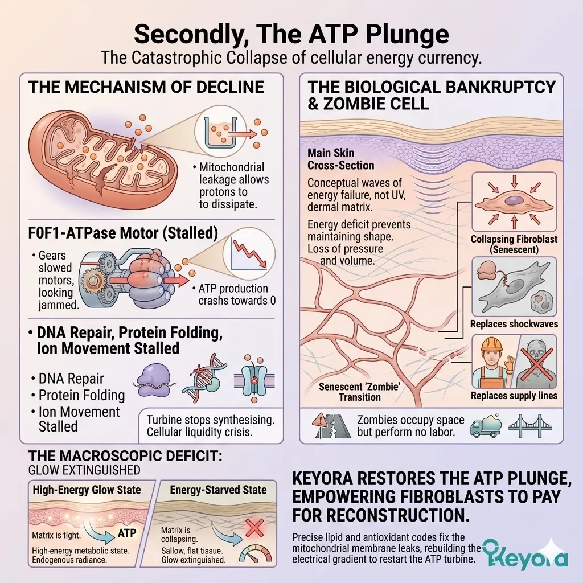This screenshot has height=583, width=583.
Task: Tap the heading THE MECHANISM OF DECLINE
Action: (146, 87)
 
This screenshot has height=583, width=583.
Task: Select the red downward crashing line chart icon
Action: (249, 254)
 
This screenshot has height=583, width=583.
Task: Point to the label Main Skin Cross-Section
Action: (340, 159)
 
